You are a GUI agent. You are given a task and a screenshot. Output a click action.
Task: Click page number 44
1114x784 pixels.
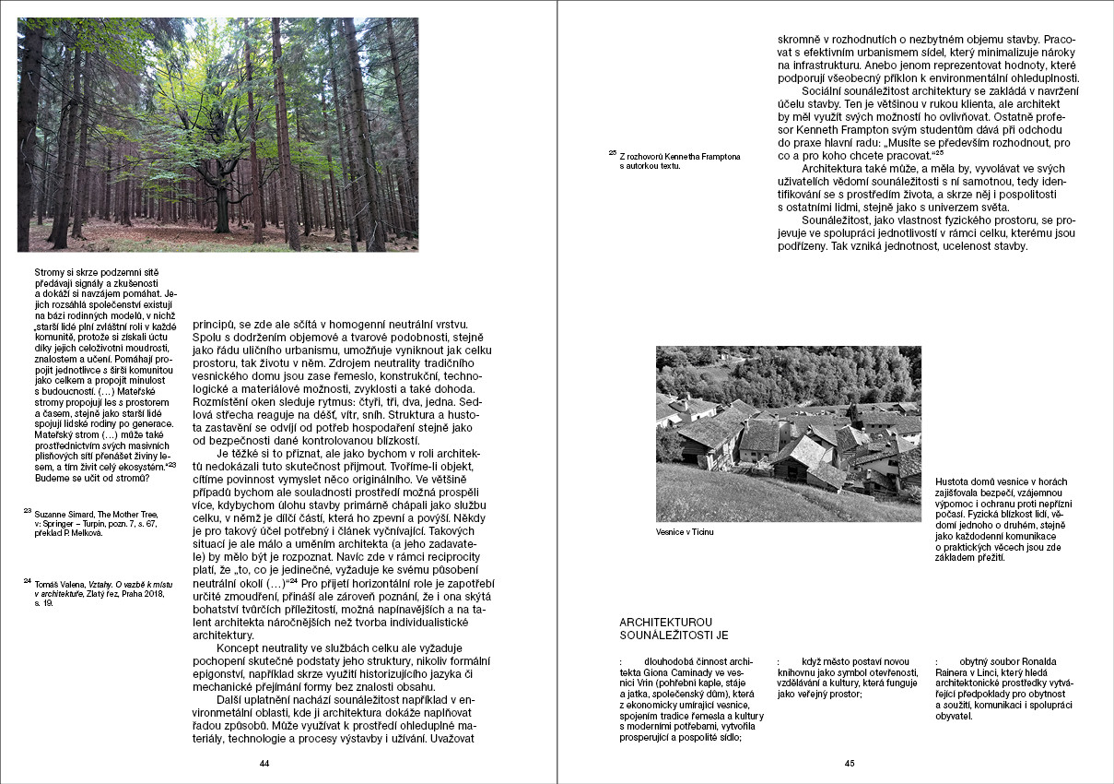pos(264,764)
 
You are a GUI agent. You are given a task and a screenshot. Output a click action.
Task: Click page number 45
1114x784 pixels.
pos(850,764)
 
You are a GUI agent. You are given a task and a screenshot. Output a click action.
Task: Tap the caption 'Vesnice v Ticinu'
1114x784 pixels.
pos(685,532)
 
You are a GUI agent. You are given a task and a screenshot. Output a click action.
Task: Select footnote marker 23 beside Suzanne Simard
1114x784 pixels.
pos(27,510)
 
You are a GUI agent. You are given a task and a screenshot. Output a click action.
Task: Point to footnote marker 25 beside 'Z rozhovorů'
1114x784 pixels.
pos(613,153)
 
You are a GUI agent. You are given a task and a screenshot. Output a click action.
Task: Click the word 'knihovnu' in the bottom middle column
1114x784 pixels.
pos(800,673)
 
